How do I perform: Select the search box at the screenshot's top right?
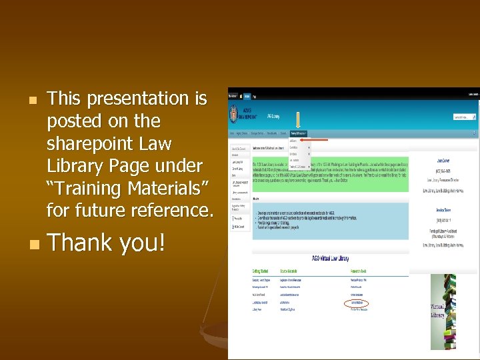click(464, 117)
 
